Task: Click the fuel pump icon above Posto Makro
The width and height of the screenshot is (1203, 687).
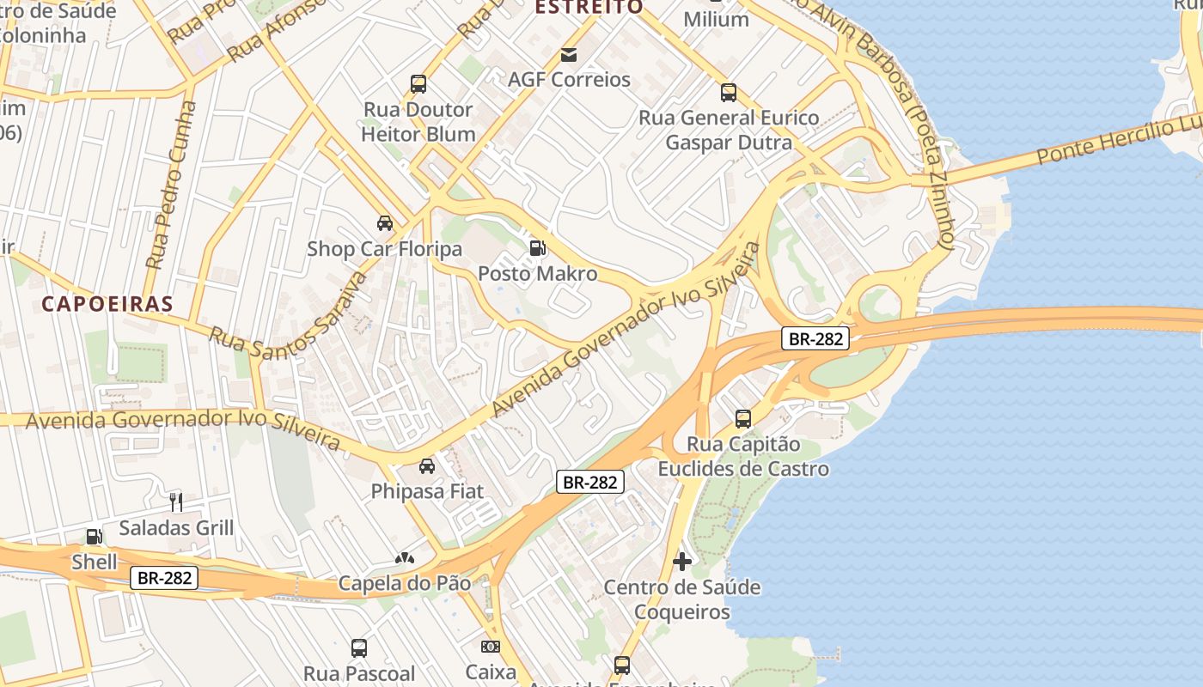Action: [537, 249]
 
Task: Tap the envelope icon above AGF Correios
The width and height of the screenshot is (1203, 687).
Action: [569, 55]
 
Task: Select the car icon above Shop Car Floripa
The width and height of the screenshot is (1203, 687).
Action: [385, 223]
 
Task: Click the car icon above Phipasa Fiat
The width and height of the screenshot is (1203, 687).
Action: [426, 466]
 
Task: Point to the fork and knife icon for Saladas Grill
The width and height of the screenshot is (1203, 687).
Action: [176, 502]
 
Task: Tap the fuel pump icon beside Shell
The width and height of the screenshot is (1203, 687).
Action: [94, 538]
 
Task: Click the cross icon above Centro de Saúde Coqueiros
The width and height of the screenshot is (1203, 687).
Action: [682, 562]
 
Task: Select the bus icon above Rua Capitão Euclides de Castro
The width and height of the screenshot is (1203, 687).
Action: [743, 419]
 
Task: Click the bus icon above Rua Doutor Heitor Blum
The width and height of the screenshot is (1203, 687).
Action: [418, 84]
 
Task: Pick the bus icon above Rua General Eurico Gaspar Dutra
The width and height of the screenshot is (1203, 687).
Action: [729, 93]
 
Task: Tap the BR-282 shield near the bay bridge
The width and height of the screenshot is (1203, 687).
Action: [815, 338]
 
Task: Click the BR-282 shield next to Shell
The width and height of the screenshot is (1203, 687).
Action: [164, 578]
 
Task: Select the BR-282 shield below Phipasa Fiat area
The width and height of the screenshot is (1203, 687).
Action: [589, 482]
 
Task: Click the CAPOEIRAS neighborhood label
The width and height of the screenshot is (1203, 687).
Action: [107, 304]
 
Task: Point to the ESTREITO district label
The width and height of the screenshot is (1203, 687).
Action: [589, 8]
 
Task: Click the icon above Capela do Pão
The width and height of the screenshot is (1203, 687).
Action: [405, 558]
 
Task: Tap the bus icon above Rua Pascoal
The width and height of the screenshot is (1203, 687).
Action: [359, 647]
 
